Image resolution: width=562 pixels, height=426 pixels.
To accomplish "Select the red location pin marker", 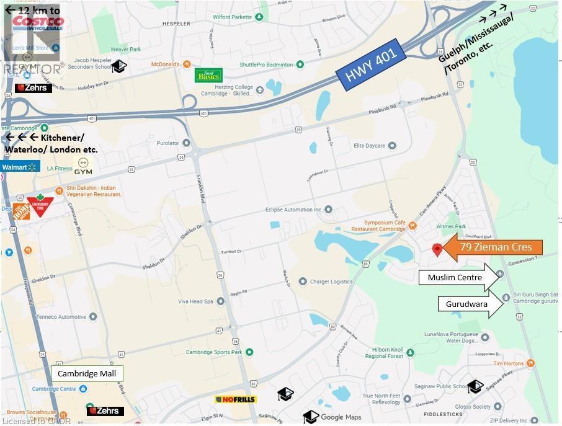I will click(x=437, y=249).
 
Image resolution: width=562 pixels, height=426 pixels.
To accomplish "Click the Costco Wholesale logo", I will click(x=38, y=24).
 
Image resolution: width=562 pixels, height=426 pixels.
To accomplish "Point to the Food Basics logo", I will click(x=208, y=75).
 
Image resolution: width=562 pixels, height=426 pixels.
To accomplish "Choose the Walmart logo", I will click(x=20, y=167).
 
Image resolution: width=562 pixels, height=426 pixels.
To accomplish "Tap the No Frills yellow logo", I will click(x=236, y=399).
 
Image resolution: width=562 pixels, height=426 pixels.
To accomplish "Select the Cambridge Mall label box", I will click(x=87, y=373).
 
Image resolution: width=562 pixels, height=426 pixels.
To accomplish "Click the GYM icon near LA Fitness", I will click(x=83, y=166).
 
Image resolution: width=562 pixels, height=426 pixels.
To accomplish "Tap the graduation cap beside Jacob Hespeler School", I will click(x=119, y=66).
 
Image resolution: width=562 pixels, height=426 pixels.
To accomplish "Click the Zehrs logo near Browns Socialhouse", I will click(x=105, y=410).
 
